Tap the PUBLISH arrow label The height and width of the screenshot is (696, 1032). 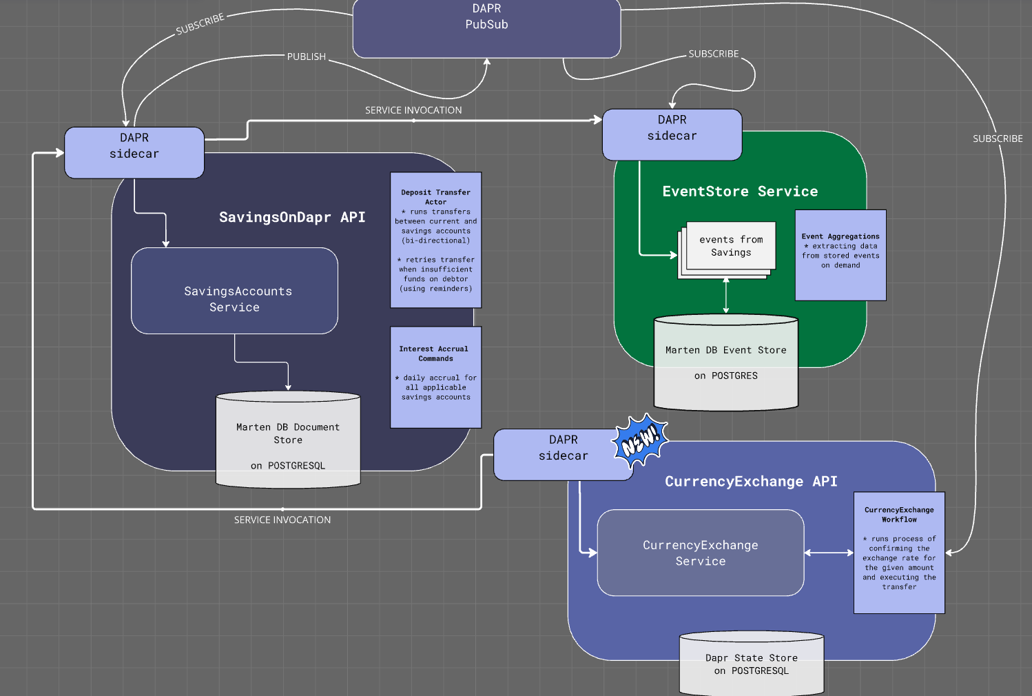point(307,57)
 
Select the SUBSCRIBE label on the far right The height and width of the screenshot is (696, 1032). point(997,139)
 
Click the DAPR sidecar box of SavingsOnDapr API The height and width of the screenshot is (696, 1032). point(134,152)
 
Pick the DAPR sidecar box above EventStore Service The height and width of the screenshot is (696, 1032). point(672,134)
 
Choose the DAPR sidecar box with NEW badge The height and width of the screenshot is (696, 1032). point(555,454)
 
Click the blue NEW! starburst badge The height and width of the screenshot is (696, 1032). point(641,441)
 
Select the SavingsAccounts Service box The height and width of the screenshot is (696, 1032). point(234,291)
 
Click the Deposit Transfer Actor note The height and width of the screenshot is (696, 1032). point(435,240)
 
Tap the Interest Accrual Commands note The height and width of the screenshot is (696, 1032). point(435,377)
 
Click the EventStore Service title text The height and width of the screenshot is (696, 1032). point(740,192)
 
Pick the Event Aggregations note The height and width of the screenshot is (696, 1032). point(840,255)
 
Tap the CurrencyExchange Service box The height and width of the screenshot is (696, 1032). point(700,553)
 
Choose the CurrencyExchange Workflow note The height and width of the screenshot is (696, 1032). point(899,553)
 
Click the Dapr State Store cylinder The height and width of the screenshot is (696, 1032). point(752,664)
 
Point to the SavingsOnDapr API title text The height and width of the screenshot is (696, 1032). point(292,217)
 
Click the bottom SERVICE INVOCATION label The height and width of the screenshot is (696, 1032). point(282,520)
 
